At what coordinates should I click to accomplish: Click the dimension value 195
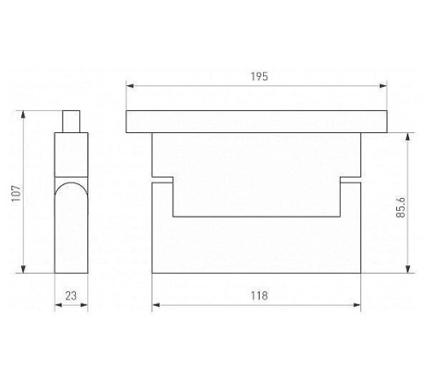click(x=260, y=77)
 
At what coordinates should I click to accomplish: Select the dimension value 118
click(x=260, y=296)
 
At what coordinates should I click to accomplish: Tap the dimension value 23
click(x=71, y=296)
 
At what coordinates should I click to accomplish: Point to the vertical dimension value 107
click(x=16, y=194)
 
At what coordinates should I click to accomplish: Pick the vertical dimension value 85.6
click(x=401, y=207)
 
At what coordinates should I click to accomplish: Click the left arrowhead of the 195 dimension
click(x=130, y=85)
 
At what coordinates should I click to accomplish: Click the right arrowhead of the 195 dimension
click(x=383, y=85)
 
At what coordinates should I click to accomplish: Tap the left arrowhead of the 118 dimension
click(x=156, y=305)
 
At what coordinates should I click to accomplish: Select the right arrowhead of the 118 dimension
click(x=357, y=305)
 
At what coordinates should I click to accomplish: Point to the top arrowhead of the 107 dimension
click(x=23, y=114)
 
